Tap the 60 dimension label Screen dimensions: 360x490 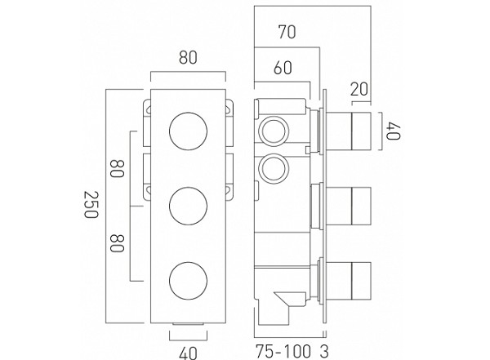tap(283, 69)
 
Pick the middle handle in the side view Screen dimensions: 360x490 tap(354, 201)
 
